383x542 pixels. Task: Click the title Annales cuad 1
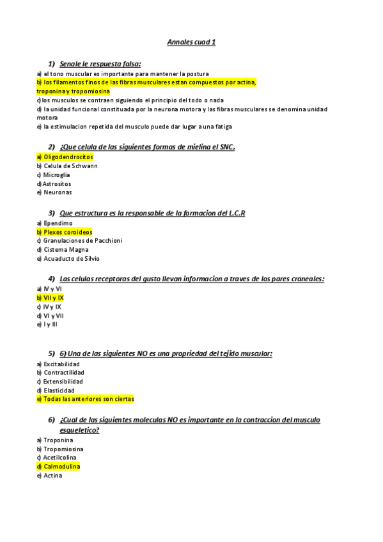191,42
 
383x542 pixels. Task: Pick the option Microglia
54,174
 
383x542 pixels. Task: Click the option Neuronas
54,192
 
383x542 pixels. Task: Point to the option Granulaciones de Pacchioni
79,241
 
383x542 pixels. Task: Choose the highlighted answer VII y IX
51,298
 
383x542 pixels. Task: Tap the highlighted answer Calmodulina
59,467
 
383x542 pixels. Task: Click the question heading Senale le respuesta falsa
100,64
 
